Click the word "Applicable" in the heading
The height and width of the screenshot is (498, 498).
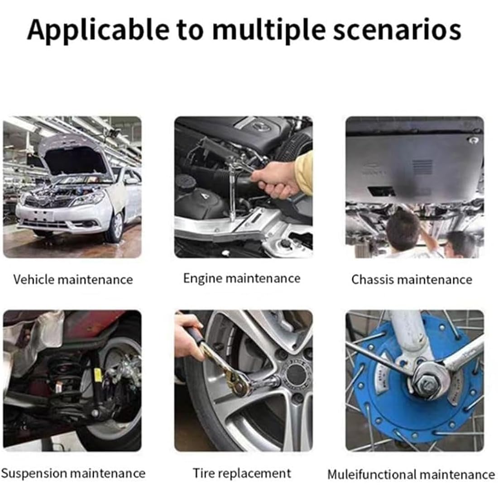(98, 31)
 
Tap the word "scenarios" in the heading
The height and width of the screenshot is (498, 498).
(397, 31)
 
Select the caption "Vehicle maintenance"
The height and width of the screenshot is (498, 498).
(73, 279)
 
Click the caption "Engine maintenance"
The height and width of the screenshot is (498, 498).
(242, 278)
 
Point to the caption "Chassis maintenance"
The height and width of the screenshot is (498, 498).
(412, 279)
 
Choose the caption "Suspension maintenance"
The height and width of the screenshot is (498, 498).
(73, 474)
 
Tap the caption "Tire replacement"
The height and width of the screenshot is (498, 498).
(242, 473)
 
